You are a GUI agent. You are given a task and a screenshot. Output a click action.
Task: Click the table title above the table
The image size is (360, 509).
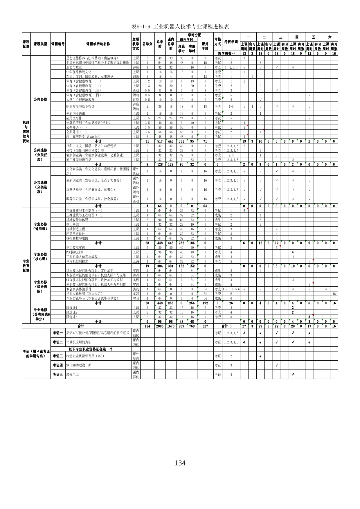180,27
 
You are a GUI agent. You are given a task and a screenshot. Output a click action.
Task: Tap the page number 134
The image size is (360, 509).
180,463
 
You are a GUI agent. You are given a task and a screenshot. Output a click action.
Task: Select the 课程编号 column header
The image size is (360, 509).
58,44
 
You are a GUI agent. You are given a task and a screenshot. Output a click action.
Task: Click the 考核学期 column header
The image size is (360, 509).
231,42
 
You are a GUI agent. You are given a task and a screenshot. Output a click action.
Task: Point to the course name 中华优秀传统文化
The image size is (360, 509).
79,72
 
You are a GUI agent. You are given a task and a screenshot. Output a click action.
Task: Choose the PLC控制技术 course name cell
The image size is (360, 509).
75,252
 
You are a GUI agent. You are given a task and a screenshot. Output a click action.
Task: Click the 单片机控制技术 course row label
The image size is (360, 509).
77,262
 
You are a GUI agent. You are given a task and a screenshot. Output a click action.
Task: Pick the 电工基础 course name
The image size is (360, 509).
73,224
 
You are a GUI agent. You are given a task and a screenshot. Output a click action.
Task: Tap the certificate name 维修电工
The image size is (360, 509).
73,375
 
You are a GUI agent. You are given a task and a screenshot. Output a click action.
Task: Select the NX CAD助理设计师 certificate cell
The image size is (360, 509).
79,365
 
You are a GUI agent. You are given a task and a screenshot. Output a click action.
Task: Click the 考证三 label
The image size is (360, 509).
58,356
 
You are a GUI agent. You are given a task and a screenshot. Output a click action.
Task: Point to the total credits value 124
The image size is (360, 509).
147,326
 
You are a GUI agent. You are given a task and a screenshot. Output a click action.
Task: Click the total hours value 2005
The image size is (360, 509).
160,326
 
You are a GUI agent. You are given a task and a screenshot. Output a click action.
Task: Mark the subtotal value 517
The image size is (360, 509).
160,141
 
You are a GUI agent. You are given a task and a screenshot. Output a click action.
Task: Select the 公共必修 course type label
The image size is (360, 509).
40,99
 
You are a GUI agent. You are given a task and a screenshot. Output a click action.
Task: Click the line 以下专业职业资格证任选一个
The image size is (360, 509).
91,349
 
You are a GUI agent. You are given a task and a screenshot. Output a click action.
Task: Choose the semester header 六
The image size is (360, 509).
330,37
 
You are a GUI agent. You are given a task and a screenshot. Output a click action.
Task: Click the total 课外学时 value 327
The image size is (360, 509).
205,326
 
